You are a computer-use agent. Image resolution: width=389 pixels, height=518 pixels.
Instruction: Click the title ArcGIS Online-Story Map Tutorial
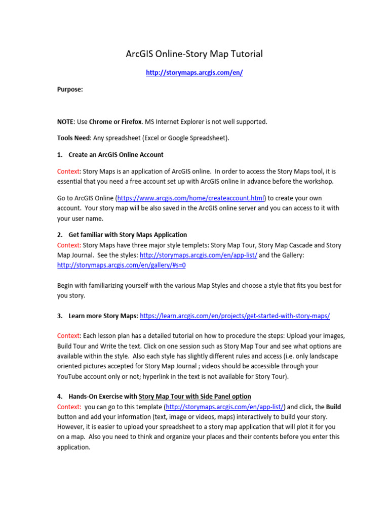194,54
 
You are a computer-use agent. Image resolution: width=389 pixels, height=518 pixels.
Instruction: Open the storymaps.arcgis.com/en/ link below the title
194,73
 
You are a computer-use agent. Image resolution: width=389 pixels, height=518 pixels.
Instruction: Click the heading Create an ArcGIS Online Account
115,154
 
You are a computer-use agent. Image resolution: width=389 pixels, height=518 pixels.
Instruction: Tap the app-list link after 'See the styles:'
199,255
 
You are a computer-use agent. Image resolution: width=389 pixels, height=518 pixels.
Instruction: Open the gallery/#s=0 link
125,265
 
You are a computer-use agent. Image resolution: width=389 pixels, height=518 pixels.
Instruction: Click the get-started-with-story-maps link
235,316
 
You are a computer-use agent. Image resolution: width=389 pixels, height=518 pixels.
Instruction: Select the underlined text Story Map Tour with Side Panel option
194,396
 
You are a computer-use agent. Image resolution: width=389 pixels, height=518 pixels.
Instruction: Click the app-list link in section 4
225,406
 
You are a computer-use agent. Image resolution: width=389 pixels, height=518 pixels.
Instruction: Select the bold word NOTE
65,122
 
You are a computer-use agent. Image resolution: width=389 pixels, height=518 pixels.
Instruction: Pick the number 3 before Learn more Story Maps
59,316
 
